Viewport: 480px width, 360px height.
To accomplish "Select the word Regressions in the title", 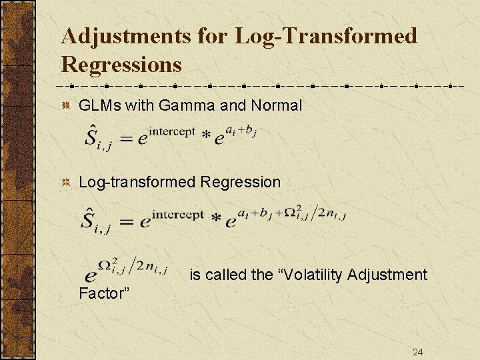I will click(121, 65).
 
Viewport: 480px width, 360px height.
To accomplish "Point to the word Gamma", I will click(189, 105).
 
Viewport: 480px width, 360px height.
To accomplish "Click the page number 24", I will click(418, 352).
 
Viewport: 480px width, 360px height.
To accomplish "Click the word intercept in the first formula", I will click(171, 131).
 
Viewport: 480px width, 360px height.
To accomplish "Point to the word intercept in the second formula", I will click(177, 214).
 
